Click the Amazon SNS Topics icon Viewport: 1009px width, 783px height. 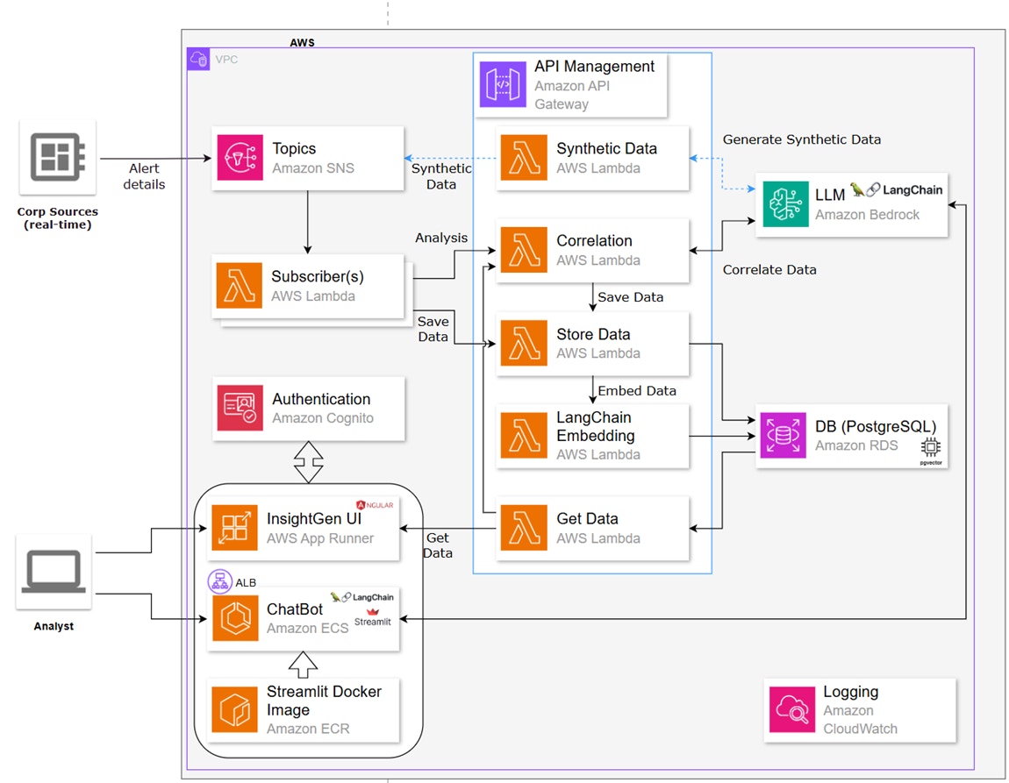coord(239,158)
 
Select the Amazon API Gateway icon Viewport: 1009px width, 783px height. coord(503,84)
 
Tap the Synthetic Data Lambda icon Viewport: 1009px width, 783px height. coord(523,158)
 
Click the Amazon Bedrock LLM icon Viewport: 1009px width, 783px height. coord(785,203)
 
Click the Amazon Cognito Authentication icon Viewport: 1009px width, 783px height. coord(240,408)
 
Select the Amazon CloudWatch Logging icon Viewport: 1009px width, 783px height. coord(791,709)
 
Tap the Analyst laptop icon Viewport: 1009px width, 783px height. coord(54,571)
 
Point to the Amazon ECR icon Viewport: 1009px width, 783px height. coord(234,709)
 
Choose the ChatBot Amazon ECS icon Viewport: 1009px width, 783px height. coord(235,618)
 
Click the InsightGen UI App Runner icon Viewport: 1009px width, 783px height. coord(234,528)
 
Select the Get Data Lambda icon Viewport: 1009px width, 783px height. coord(523,528)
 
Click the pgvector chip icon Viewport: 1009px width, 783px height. coord(930,447)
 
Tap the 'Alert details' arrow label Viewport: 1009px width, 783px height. coord(145,176)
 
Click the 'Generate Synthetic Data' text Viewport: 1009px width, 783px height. coord(801,139)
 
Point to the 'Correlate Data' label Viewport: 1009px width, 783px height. coord(769,270)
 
